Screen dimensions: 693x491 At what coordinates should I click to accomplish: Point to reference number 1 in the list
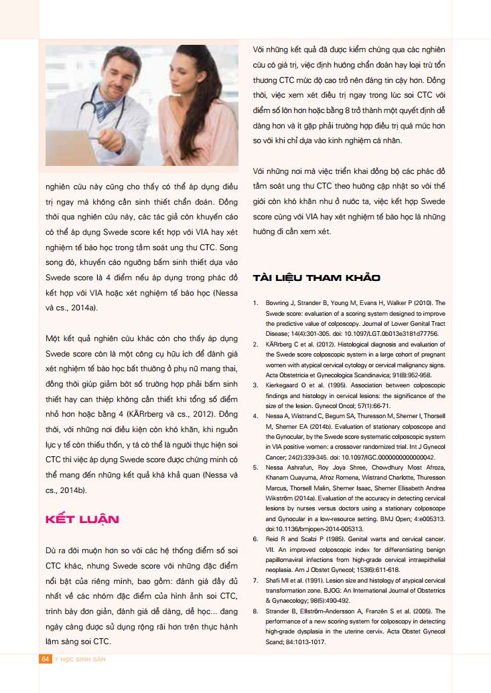click(256, 303)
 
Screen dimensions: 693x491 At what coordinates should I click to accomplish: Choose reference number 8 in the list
click(256, 611)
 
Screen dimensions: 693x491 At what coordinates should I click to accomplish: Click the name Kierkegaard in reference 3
click(284, 385)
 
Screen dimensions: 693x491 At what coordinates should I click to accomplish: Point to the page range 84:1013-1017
click(304, 642)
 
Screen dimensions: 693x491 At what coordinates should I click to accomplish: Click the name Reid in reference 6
click(273, 539)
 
